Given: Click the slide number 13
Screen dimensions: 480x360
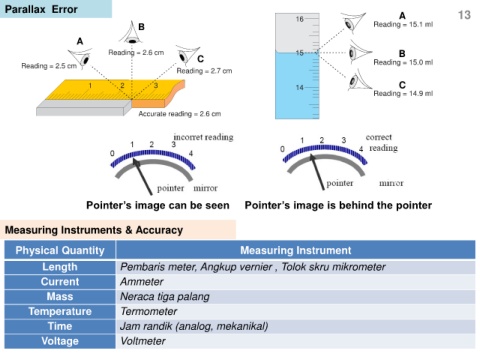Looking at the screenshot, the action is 464,15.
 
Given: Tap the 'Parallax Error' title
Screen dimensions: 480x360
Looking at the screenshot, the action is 41,9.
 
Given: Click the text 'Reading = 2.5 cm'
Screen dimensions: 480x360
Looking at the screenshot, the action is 49,66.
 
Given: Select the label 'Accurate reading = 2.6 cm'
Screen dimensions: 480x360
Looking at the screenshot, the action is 180,114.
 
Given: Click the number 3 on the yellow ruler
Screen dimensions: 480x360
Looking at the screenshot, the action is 156,85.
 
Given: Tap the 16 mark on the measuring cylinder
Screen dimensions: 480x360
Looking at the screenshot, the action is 299,19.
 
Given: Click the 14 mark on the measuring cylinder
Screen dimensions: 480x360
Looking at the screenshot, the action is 299,87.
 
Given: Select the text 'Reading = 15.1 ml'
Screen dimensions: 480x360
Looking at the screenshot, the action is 403,24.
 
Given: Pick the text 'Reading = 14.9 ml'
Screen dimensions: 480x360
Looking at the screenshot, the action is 403,93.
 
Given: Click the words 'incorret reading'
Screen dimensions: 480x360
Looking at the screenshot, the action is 203,137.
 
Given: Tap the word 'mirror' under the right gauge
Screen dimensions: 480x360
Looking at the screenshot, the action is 391,183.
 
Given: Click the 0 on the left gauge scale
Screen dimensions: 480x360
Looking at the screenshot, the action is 112,153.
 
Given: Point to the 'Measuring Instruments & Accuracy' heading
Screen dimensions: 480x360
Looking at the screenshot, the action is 94,230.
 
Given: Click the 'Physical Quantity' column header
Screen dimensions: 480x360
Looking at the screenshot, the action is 60,250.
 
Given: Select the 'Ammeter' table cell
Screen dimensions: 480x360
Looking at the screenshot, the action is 142,282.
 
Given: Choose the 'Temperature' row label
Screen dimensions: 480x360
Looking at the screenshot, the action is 60,311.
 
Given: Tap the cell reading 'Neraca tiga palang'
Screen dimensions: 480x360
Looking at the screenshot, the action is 165,297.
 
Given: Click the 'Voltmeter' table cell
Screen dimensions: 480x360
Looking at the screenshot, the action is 143,341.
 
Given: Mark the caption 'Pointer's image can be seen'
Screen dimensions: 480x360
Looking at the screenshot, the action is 158,205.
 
